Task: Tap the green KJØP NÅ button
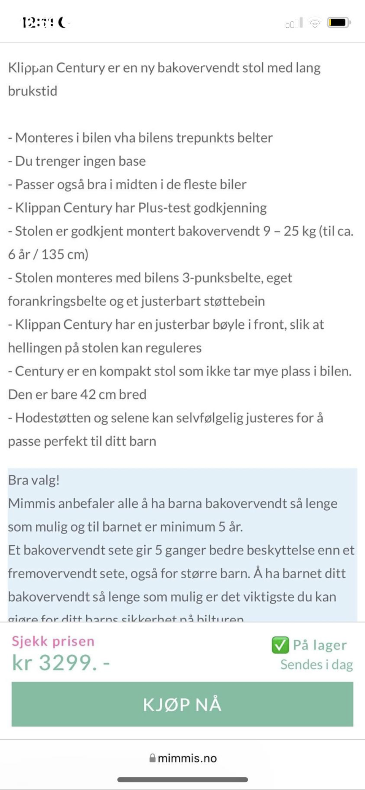point(182,704)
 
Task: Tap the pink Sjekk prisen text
point(53,641)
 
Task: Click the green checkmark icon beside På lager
point(280,645)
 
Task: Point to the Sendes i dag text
point(316,665)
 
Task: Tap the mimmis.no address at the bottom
point(187,758)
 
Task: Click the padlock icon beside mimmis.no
point(152,758)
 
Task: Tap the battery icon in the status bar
point(339,23)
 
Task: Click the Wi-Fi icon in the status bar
point(314,24)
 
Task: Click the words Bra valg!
point(34,480)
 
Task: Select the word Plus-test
point(164,208)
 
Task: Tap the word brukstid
point(33,91)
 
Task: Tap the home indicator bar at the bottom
point(182,780)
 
